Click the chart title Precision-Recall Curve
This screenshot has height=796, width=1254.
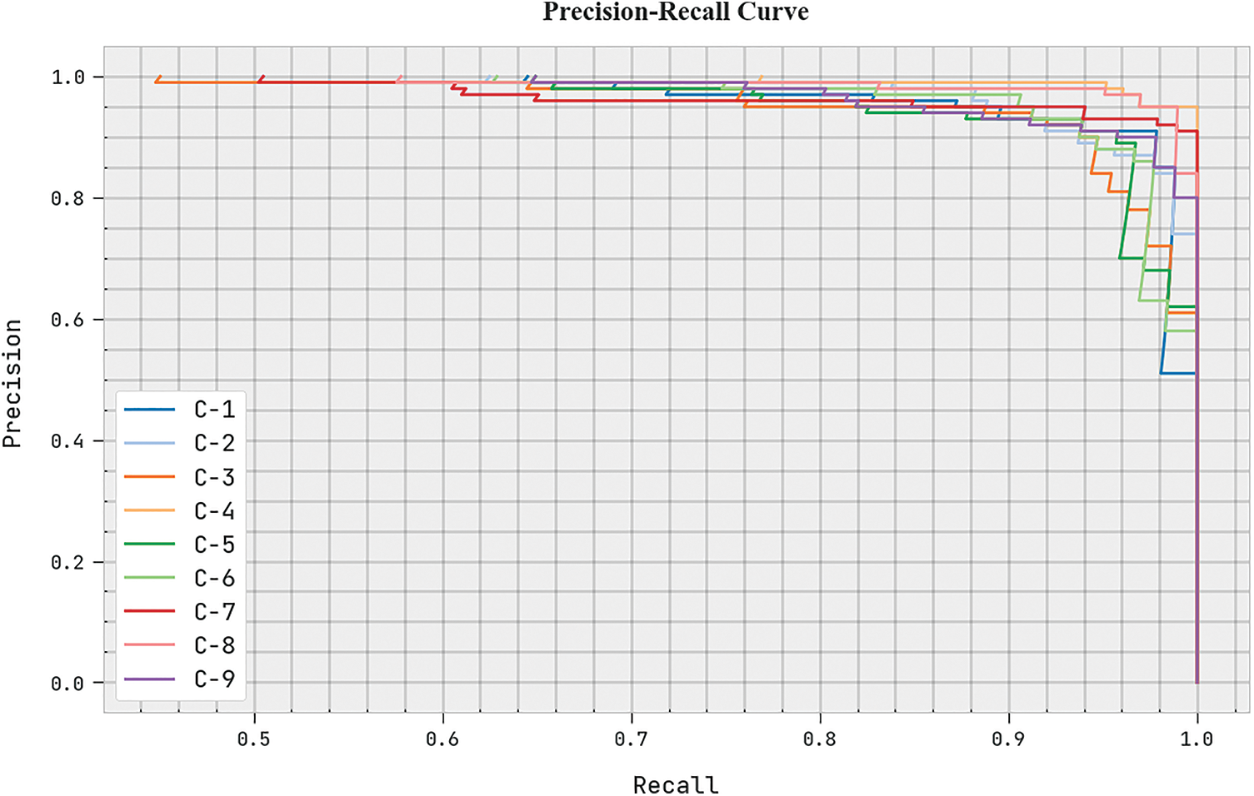pos(675,12)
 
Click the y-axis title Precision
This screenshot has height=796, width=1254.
pos(12,384)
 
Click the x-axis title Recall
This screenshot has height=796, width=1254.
pos(675,784)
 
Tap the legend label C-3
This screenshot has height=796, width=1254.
pos(214,477)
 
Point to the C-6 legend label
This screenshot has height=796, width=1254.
pos(214,578)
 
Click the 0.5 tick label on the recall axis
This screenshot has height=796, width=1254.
pos(253,739)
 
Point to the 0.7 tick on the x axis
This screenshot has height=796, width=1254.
pos(631,739)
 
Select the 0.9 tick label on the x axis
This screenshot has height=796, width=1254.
pos(1008,739)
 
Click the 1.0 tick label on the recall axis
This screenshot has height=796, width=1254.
pos(1197,739)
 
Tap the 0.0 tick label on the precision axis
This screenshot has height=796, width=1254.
pos(67,684)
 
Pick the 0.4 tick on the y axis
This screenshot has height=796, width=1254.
pos(67,441)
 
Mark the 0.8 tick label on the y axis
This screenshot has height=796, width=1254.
pos(67,199)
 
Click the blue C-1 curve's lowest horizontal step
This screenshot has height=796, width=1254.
pos(1178,373)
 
